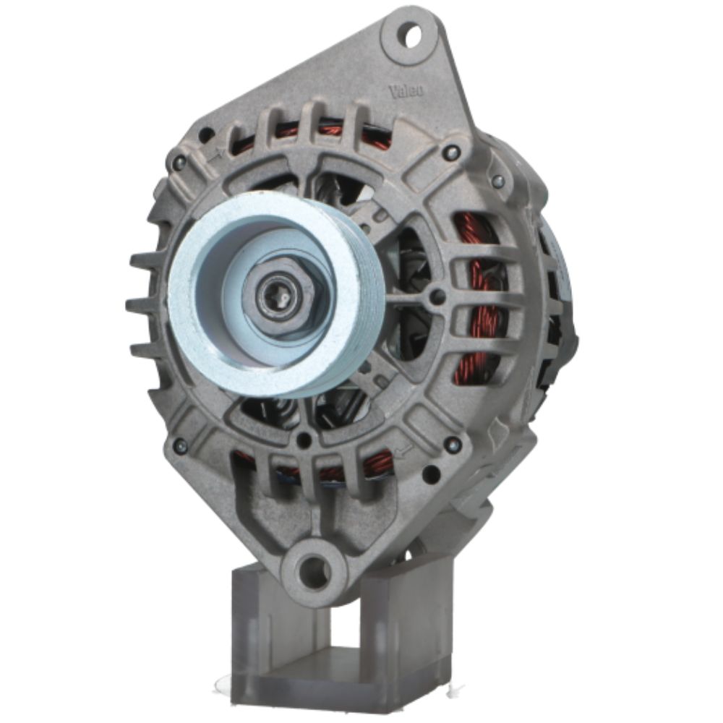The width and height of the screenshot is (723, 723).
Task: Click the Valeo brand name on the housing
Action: (407, 91)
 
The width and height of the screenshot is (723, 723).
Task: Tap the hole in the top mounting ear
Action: (412, 34)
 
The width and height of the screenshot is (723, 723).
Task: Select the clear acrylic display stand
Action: (340, 636)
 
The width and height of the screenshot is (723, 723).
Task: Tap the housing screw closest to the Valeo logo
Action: (451, 153)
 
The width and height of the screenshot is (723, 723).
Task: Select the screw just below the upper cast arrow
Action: (177, 165)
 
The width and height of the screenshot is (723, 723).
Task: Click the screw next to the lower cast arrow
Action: (453, 445)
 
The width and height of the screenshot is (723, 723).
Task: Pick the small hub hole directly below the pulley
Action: (305, 439)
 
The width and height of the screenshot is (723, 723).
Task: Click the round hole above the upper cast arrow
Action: (206, 134)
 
